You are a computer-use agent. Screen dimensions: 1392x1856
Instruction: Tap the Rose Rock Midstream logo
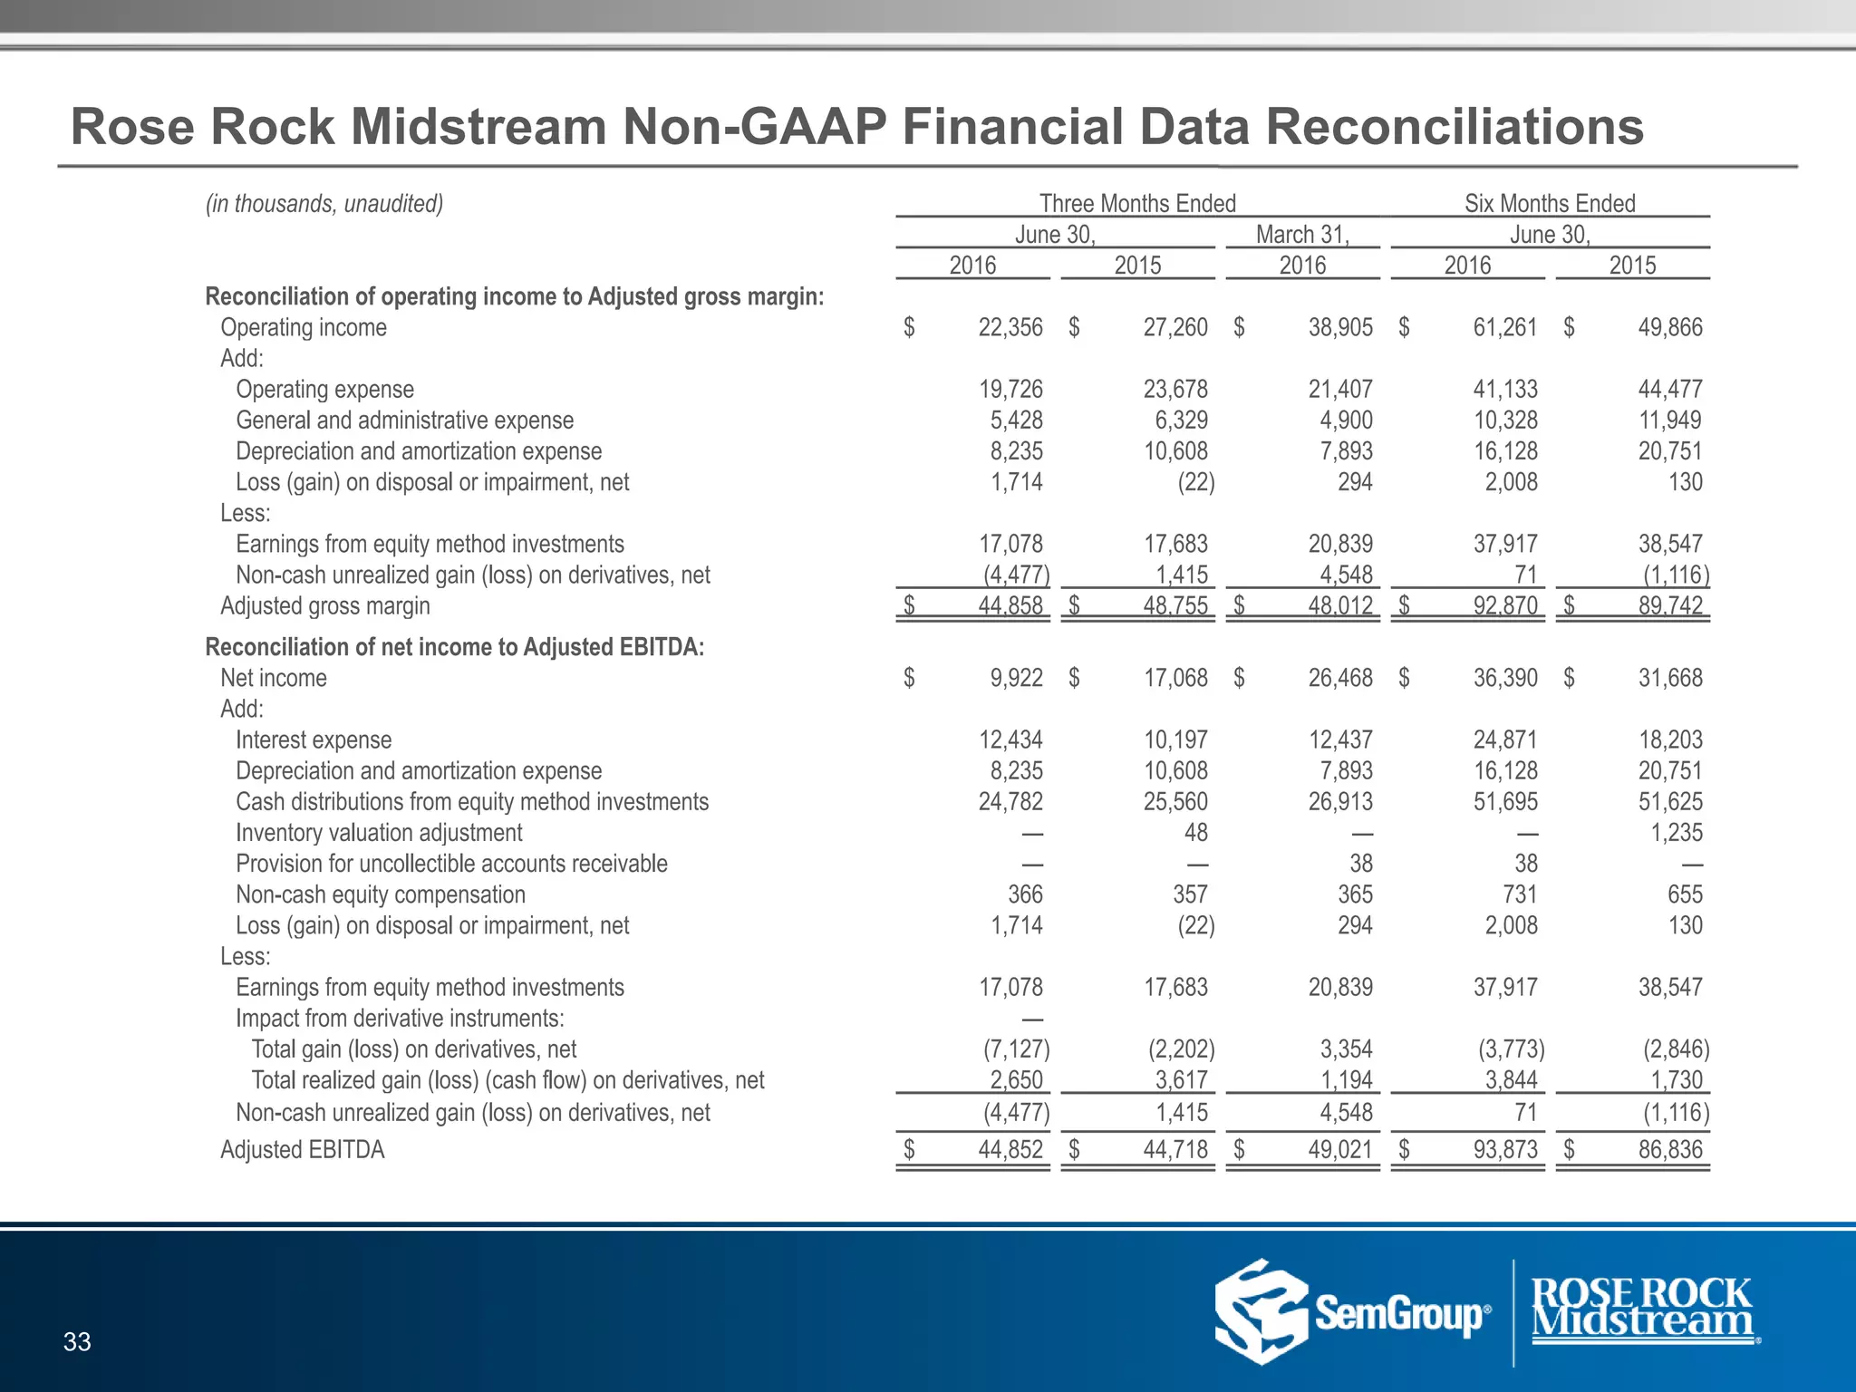(x=1643, y=1309)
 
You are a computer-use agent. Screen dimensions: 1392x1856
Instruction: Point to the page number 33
(x=77, y=1341)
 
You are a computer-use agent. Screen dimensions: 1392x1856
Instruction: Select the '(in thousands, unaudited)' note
(x=324, y=204)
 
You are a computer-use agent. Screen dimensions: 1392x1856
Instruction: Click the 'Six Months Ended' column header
(x=1550, y=204)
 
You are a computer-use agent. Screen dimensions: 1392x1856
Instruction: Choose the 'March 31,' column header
(x=1302, y=235)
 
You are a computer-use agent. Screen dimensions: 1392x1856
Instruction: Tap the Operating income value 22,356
(x=1010, y=328)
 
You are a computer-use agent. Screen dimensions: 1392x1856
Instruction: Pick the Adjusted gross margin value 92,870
(x=1505, y=605)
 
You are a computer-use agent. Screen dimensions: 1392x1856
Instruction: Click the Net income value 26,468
(x=1340, y=678)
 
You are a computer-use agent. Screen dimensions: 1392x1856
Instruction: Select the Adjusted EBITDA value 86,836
(x=1670, y=1150)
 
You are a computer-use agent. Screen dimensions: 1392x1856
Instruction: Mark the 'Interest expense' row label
(x=314, y=740)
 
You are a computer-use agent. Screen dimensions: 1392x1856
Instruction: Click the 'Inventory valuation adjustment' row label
(x=379, y=833)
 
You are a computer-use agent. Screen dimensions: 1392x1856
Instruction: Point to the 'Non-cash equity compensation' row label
(x=381, y=894)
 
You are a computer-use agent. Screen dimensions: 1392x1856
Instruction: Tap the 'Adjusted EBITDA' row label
(x=303, y=1150)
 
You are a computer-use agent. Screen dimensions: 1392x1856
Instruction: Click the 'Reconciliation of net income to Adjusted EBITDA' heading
(x=455, y=647)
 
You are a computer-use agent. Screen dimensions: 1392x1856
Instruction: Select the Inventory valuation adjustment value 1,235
(x=1677, y=833)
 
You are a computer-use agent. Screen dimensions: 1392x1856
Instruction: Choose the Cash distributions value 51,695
(x=1505, y=802)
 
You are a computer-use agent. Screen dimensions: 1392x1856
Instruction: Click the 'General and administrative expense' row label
(x=405, y=420)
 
